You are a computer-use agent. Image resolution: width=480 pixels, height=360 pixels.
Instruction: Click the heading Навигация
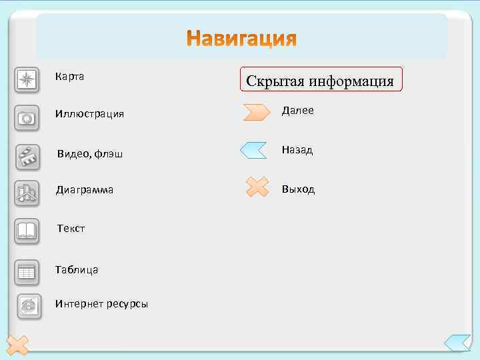pyautogui.click(x=241, y=39)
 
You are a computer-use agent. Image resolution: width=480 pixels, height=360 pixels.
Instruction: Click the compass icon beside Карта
pyautogui.click(x=27, y=79)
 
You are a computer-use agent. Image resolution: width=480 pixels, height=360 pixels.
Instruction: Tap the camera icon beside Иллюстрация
pyautogui.click(x=27, y=118)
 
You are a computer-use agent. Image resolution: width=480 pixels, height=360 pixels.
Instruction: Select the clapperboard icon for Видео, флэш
pyautogui.click(x=27, y=157)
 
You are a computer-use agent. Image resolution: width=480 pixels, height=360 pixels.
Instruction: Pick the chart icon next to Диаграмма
pyautogui.click(x=27, y=193)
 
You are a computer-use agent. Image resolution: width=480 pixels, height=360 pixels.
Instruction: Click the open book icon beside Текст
pyautogui.click(x=27, y=231)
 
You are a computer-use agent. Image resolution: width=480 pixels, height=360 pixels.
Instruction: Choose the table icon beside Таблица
pyautogui.click(x=27, y=271)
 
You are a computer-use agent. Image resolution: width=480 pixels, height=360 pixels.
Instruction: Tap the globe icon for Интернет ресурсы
pyautogui.click(x=29, y=305)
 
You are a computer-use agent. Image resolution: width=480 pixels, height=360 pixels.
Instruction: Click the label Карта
pyautogui.click(x=69, y=77)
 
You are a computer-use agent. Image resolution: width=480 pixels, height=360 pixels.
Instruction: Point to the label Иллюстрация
pyautogui.click(x=89, y=114)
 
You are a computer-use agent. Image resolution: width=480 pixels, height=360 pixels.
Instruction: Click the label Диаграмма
pyautogui.click(x=85, y=190)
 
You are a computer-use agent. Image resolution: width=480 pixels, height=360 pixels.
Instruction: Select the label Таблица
pyautogui.click(x=77, y=270)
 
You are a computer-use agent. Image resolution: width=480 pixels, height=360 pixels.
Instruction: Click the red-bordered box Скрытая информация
pyautogui.click(x=320, y=81)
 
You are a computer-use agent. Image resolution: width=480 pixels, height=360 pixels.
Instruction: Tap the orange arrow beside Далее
pyautogui.click(x=256, y=111)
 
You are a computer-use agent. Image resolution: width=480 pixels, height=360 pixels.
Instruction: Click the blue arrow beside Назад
pyautogui.click(x=253, y=150)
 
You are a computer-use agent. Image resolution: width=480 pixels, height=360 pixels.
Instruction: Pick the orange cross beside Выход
pyautogui.click(x=257, y=187)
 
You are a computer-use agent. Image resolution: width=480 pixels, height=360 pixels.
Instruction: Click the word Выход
pyautogui.click(x=298, y=189)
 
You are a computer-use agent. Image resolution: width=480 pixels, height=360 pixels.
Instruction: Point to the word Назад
pyautogui.click(x=297, y=151)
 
